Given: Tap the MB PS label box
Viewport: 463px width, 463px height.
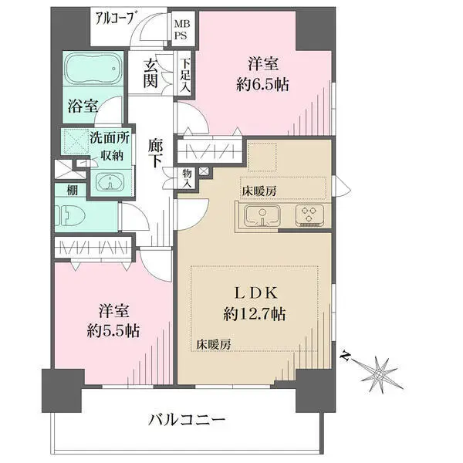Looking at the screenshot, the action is click(181, 29).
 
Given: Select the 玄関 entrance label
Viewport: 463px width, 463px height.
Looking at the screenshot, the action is click(150, 73).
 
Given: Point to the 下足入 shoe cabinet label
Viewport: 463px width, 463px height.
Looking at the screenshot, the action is click(186, 75).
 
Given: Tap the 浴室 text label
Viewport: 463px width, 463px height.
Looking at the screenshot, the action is click(83, 106).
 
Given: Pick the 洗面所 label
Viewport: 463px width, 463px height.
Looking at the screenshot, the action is click(110, 137).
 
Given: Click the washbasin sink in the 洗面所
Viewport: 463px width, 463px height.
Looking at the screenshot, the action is click(110, 184).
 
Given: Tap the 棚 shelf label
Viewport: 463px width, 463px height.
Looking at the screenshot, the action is click(72, 190).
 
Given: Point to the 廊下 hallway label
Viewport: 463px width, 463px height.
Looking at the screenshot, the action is click(155, 153).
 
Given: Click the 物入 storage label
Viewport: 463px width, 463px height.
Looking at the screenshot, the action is click(187, 178).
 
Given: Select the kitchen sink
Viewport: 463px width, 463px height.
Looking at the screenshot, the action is click(262, 215).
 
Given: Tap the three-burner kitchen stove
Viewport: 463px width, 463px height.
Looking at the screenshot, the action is click(309, 215).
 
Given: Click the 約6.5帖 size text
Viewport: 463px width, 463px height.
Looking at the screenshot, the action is click(262, 85).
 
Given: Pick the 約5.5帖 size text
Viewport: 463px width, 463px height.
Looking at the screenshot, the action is click(113, 331).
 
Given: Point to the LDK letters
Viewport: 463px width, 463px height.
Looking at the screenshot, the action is click(255, 293).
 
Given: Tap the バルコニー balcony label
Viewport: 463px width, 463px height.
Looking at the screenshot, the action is click(188, 420).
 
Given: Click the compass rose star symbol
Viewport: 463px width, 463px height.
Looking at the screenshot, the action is click(379, 374).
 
